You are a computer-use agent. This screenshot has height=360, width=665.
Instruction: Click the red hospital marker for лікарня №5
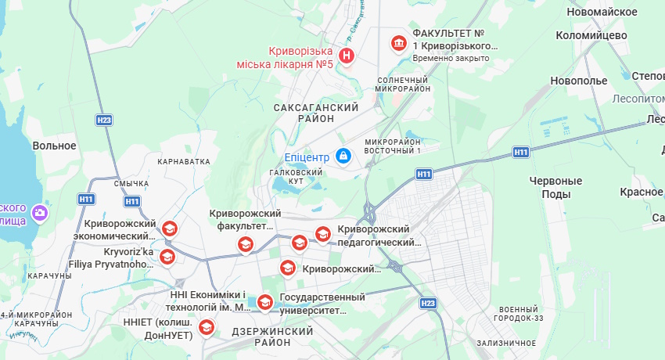click(346, 56)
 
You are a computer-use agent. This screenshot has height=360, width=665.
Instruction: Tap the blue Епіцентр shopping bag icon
click(343, 157)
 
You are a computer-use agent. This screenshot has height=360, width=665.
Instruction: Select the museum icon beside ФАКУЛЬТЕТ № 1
click(399, 42)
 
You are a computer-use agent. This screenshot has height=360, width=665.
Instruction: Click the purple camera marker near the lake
click(39, 211)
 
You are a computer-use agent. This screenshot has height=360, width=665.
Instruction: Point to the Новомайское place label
click(602, 11)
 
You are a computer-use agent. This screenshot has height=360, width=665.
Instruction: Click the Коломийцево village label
click(591, 35)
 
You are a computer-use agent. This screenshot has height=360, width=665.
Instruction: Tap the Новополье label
click(579, 81)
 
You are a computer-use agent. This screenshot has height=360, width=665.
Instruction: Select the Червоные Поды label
click(556, 187)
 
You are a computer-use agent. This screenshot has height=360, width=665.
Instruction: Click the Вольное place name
click(54, 146)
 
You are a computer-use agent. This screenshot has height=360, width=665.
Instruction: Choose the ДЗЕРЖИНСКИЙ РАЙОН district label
click(272, 337)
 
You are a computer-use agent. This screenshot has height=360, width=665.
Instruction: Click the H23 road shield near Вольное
click(104, 120)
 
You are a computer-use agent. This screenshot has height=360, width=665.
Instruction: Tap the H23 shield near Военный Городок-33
click(427, 303)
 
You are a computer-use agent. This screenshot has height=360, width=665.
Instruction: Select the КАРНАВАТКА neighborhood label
click(184, 161)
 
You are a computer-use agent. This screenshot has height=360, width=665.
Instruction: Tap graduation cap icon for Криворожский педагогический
click(322, 233)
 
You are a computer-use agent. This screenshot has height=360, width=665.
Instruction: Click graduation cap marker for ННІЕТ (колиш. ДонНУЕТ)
click(207, 326)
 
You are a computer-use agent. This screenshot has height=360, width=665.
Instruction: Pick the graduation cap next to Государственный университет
click(265, 301)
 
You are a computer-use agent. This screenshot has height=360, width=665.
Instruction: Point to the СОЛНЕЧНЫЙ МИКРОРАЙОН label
click(403, 84)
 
